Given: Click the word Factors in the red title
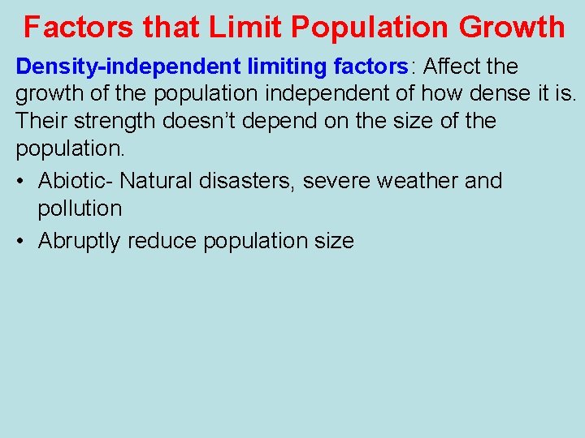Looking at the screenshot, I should [x=78, y=27].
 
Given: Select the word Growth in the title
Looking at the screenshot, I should [x=511, y=27].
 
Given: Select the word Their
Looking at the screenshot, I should [x=42, y=122].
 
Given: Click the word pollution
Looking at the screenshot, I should [x=80, y=208].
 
